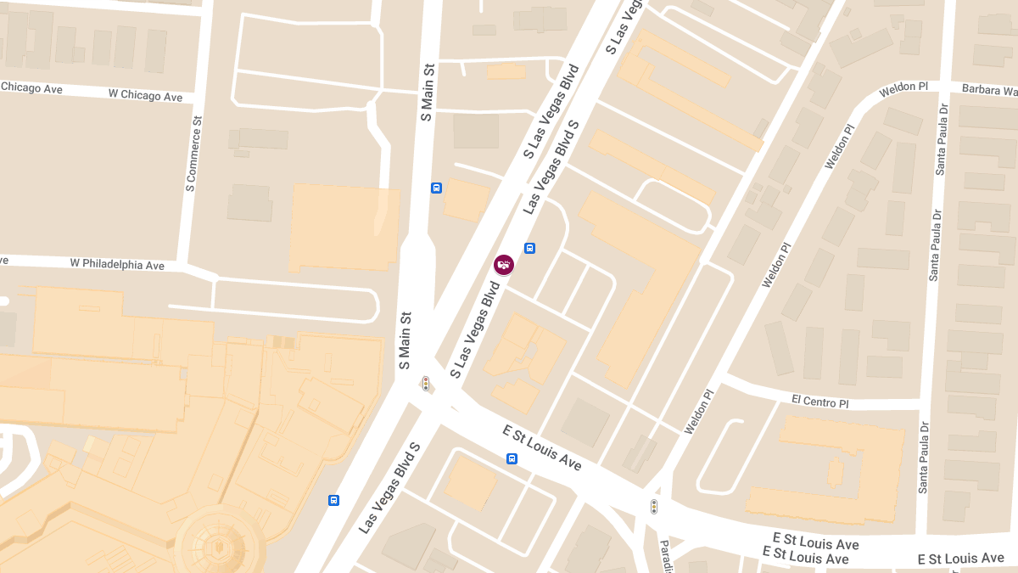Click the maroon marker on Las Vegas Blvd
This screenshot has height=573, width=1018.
tap(504, 265)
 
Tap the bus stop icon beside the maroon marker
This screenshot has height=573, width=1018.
tap(530, 248)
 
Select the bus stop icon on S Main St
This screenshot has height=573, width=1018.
tap(436, 188)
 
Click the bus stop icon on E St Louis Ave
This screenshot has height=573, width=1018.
tap(512, 459)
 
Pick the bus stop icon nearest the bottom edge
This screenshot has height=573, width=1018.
tap(333, 500)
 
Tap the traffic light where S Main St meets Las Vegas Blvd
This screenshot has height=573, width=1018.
tap(426, 384)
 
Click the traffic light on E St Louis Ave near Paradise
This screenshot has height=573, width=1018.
tap(653, 507)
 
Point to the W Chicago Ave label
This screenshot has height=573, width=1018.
tap(145, 96)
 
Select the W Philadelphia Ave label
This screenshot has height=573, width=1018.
tap(117, 265)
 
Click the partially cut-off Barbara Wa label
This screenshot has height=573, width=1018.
tap(989, 89)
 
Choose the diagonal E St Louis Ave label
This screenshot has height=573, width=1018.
tap(542, 448)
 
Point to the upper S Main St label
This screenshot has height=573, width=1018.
tap(427, 92)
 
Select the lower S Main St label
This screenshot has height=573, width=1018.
tap(405, 345)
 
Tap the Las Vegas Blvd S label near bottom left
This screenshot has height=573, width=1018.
tap(389, 488)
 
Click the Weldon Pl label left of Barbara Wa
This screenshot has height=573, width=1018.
tap(905, 89)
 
